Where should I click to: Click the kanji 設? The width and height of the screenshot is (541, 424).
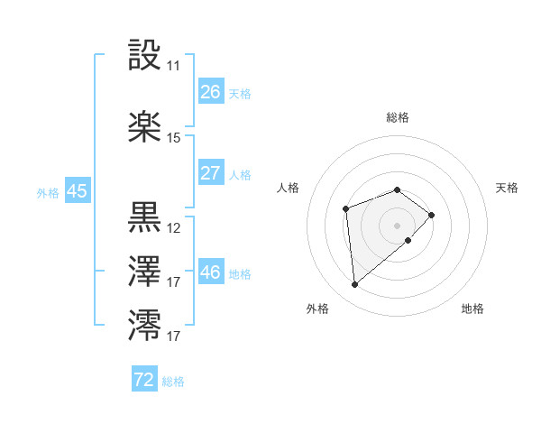(x=145, y=56)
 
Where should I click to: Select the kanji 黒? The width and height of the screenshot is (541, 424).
(x=145, y=217)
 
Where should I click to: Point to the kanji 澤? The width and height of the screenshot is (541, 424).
(x=145, y=272)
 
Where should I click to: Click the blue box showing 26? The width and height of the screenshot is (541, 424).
(x=210, y=92)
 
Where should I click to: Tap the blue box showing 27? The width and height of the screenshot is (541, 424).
(x=210, y=173)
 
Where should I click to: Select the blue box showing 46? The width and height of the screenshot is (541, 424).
(x=210, y=272)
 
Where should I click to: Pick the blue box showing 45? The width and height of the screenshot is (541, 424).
(x=77, y=191)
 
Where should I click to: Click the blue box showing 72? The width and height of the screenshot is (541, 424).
(x=144, y=380)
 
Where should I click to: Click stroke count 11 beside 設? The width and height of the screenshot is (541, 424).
(x=173, y=66)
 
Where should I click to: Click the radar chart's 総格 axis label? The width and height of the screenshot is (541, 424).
(x=397, y=117)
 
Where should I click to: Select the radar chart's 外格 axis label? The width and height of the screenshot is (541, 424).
(x=317, y=309)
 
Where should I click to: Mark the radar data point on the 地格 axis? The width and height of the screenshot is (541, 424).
(x=408, y=240)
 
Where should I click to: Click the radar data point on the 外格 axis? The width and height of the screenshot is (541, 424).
(x=355, y=285)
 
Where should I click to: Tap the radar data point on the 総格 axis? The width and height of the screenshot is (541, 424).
(x=397, y=189)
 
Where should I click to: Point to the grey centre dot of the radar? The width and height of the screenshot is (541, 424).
(x=397, y=225)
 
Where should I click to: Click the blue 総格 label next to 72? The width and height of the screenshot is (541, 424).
(x=173, y=382)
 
